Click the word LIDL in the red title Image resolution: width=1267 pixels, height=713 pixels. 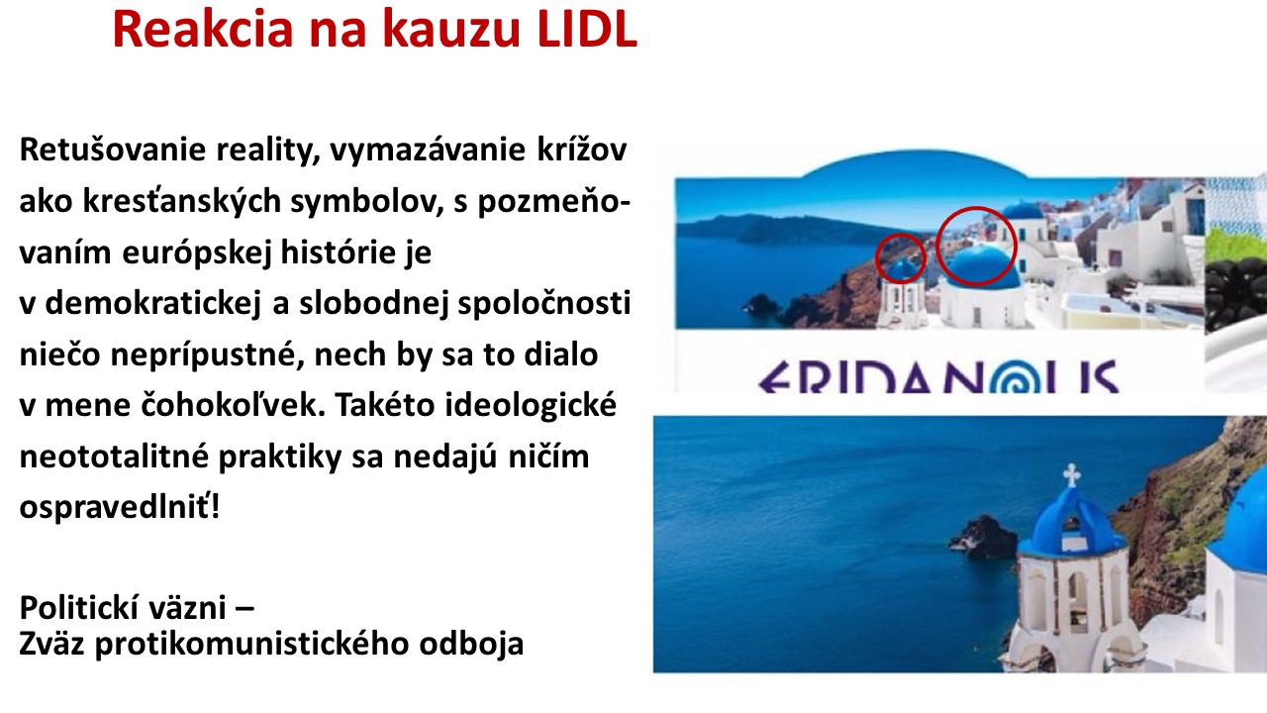tap(587, 29)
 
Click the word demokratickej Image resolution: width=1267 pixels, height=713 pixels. tap(152, 303)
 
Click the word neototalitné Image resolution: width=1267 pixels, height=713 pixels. tap(114, 457)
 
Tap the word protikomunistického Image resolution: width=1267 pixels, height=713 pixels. tap(252, 645)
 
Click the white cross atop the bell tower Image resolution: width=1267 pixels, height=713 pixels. tap(1071, 474)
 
